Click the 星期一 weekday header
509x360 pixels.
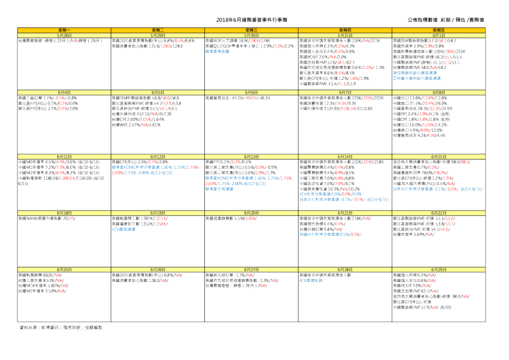click(x=65, y=29)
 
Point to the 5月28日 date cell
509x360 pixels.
click(x=65, y=35)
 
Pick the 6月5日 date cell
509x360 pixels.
click(x=158, y=92)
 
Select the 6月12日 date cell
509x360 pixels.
click(x=158, y=156)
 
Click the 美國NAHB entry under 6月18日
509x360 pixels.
click(x=47, y=217)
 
